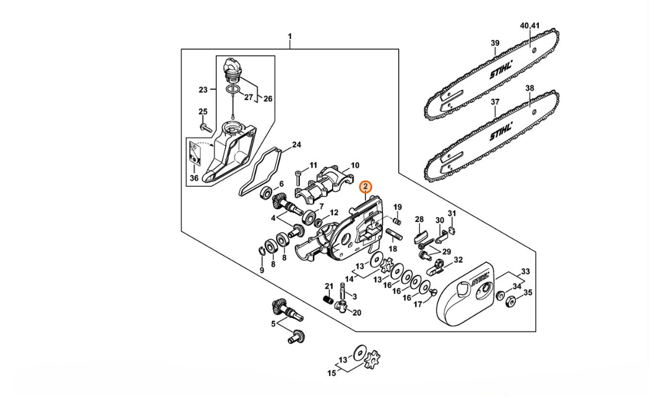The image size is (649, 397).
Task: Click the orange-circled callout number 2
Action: [365, 187]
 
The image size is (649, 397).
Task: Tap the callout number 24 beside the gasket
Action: [297, 145]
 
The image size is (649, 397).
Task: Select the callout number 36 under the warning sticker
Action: [194, 178]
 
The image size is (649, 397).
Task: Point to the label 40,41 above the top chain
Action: [530, 25]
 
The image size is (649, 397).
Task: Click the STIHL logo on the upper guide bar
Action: [501, 69]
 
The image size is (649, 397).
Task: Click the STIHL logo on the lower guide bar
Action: [501, 131]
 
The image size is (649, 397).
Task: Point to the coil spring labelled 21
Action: [328, 299]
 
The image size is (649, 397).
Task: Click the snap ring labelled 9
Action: [261, 251]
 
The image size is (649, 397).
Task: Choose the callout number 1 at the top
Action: [290, 37]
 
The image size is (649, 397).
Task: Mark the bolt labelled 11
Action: [299, 179]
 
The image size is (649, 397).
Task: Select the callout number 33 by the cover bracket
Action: [525, 272]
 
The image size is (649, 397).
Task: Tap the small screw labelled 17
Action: [434, 292]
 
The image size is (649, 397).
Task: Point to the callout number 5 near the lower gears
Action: [273, 324]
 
